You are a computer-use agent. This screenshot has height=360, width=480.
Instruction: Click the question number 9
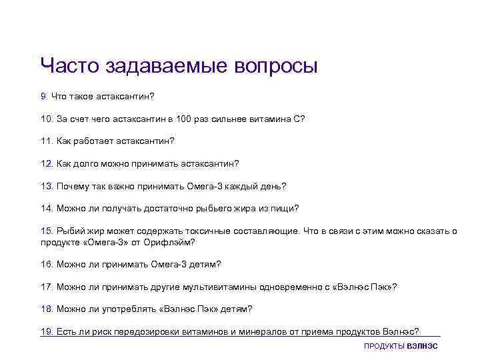pos(43,97)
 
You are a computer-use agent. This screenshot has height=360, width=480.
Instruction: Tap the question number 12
pos(47,163)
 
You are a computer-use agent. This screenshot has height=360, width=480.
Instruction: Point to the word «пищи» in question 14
pos(284,208)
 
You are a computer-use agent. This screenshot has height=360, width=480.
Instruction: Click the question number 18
pos(47,309)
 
